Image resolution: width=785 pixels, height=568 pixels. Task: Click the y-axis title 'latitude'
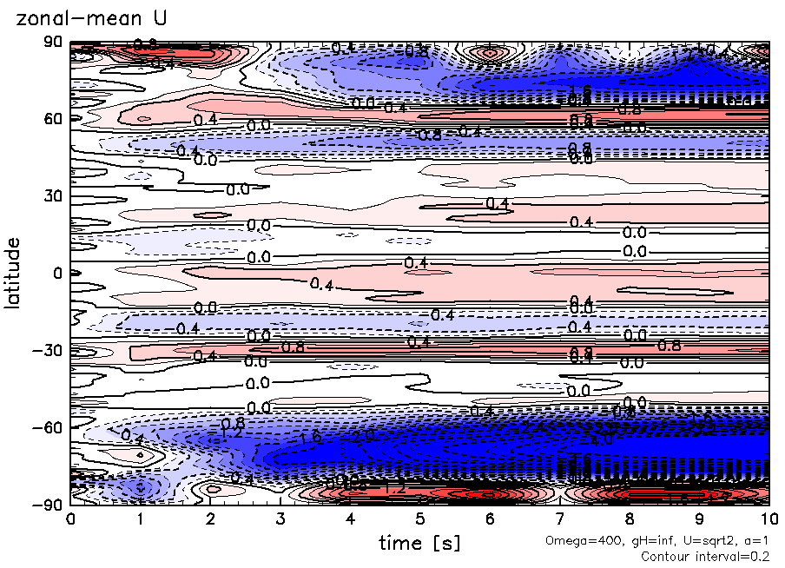(x=12, y=274)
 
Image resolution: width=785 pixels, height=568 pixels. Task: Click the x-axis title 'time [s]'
(x=419, y=543)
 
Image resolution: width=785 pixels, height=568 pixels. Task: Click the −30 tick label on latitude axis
(x=49, y=350)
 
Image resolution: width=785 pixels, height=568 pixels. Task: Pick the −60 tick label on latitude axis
(x=49, y=427)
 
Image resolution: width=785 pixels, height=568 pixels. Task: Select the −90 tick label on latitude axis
(x=49, y=504)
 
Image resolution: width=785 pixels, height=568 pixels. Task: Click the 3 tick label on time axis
(x=280, y=519)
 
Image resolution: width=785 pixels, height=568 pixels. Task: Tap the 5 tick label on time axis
(x=420, y=519)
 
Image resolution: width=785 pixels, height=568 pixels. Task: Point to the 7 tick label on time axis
(x=560, y=519)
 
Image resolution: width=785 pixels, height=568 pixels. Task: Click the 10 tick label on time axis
(x=769, y=519)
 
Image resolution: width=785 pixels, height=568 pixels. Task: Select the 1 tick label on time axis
(x=140, y=519)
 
